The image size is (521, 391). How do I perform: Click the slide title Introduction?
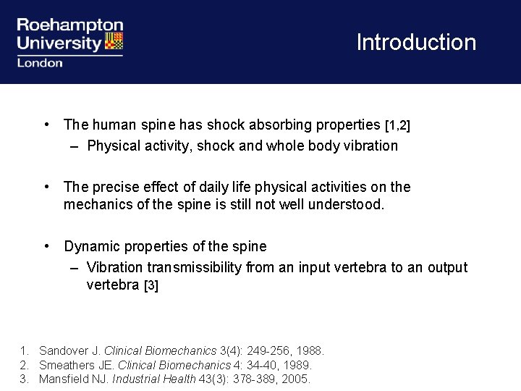click(416, 42)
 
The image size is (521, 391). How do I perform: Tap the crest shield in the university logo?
click(114, 41)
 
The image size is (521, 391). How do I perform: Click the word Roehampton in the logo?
click(69, 25)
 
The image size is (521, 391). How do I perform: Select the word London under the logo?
click(40, 63)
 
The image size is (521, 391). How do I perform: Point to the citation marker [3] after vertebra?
click(151, 285)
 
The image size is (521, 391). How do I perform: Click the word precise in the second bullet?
click(113, 187)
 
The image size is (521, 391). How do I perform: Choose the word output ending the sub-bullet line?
click(447, 267)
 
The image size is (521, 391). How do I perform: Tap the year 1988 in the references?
click(310, 351)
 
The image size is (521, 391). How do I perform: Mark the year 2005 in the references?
click(296, 379)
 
